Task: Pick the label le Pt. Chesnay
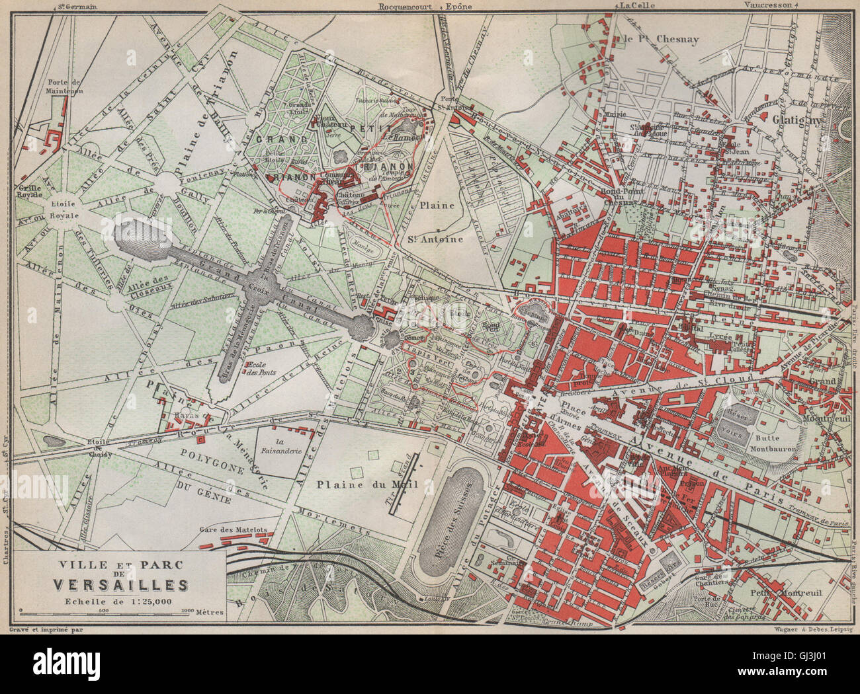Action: click(x=661, y=39)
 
